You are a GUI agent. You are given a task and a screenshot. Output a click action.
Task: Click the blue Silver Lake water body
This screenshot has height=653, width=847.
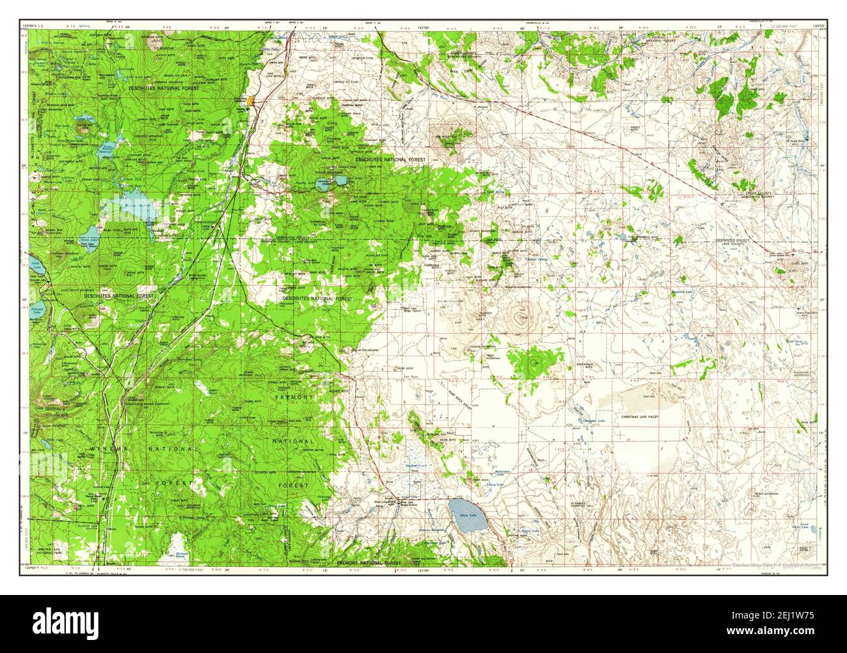point(463,508)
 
